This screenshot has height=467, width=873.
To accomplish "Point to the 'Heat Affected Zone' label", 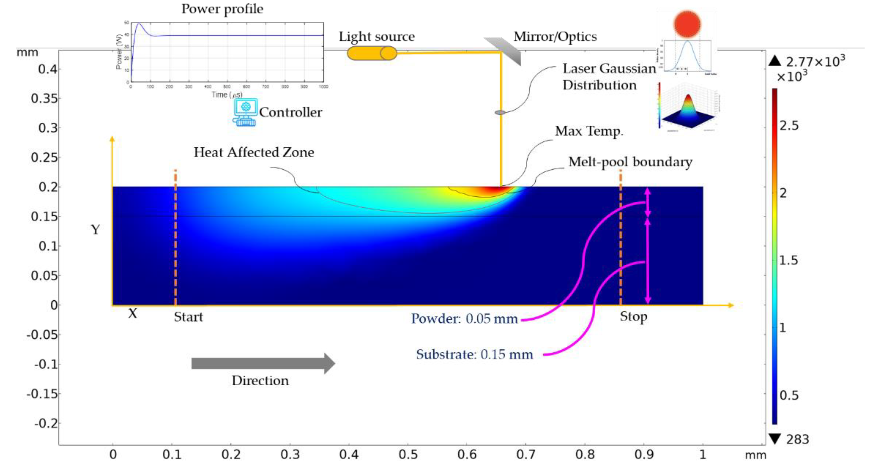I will point(254,152).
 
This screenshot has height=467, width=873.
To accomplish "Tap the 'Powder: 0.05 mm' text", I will point(464,319).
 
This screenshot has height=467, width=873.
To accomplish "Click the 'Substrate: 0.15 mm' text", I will point(474,354).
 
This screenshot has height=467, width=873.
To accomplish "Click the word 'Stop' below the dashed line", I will point(633,316).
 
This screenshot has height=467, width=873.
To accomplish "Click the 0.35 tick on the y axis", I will point(45,99).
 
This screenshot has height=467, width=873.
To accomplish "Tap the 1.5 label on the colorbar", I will point(789,260).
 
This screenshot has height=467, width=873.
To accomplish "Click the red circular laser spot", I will point(687,24).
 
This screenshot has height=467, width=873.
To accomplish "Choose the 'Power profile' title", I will point(222,9).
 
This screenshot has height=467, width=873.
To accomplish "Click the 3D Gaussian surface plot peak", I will point(688,98).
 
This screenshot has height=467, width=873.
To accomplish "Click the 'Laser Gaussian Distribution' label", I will point(609,77).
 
